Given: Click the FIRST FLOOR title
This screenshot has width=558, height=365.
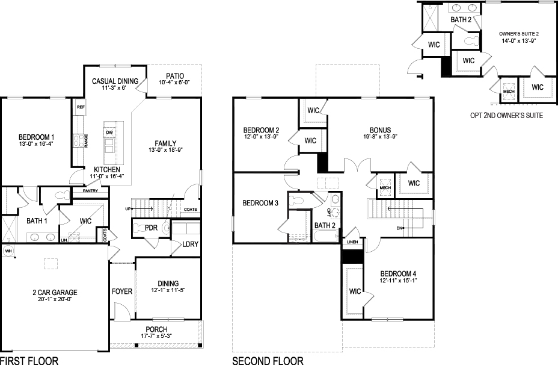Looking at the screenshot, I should [x=29, y=360].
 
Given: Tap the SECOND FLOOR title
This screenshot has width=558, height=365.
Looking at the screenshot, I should [x=268, y=360].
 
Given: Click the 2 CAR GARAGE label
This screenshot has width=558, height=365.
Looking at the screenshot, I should [x=55, y=293].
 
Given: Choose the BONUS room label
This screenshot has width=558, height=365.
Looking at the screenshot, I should [x=380, y=129].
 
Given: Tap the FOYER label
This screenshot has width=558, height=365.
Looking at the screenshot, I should [x=122, y=292].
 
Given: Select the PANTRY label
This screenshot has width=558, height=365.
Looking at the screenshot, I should [x=90, y=191].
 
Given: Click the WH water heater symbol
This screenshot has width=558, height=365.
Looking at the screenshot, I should [x=8, y=250].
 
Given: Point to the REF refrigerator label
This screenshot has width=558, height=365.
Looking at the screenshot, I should [x=80, y=107].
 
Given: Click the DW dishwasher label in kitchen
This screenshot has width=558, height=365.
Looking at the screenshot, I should [x=109, y=133].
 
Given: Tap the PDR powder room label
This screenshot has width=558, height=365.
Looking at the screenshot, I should [x=151, y=228].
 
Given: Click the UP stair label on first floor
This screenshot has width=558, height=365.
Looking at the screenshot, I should [x=127, y=208].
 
